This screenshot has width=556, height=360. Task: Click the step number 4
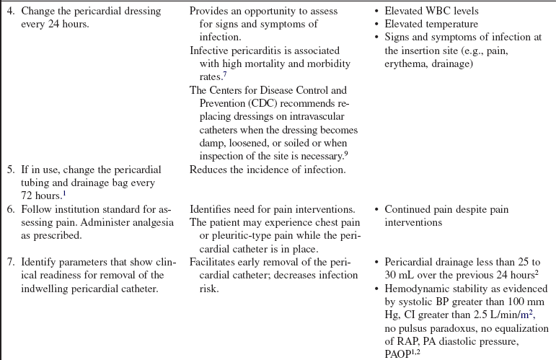coord(9,12)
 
